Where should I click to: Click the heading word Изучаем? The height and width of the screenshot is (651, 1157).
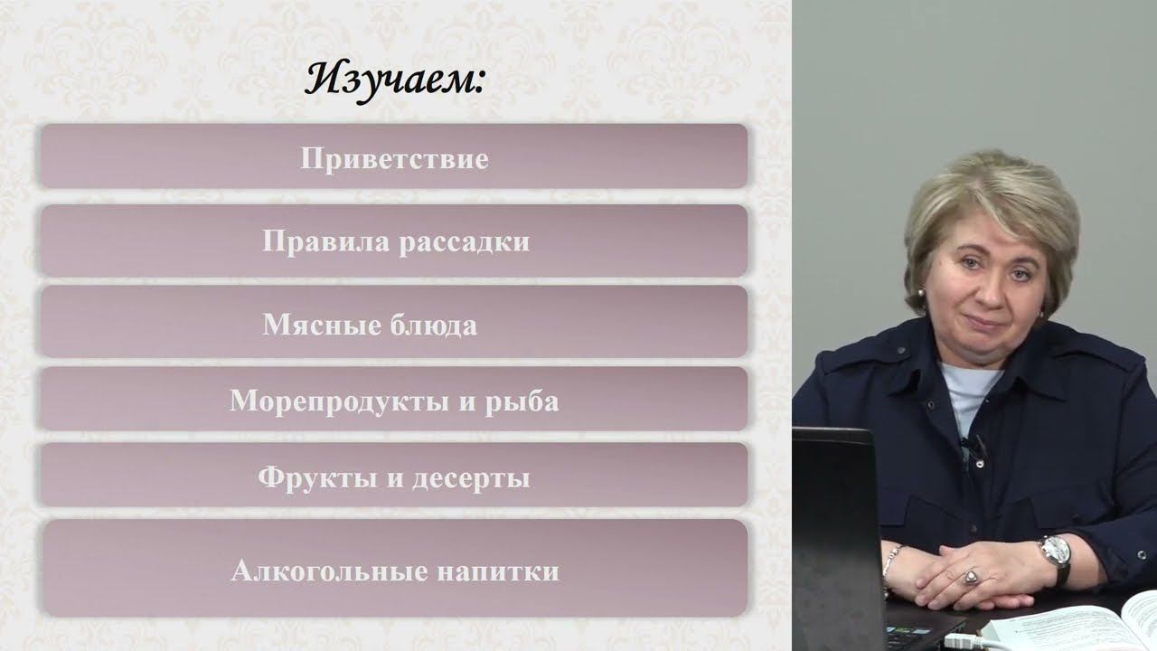point(394,81)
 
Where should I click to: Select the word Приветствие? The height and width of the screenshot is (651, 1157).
point(395,158)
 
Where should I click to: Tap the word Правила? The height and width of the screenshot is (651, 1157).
point(326,241)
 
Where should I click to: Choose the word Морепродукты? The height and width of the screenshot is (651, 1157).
point(339,401)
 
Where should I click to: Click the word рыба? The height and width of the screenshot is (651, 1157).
point(522,401)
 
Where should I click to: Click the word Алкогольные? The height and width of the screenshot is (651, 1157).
point(330,571)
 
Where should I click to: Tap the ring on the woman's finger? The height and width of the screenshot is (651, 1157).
point(972,577)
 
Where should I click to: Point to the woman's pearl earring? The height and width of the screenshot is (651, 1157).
point(920,293)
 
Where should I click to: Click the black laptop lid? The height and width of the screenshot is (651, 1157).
point(838,538)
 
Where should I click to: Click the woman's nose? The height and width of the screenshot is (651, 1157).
point(990,296)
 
